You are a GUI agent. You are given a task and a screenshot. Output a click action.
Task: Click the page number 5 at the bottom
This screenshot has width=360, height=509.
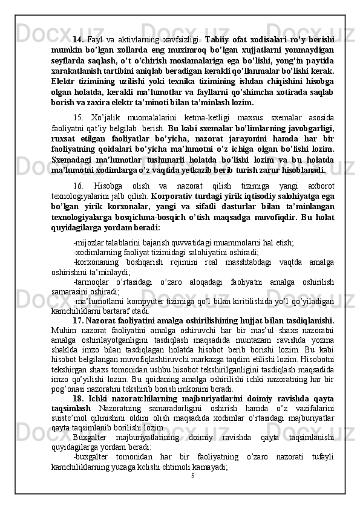192,491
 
